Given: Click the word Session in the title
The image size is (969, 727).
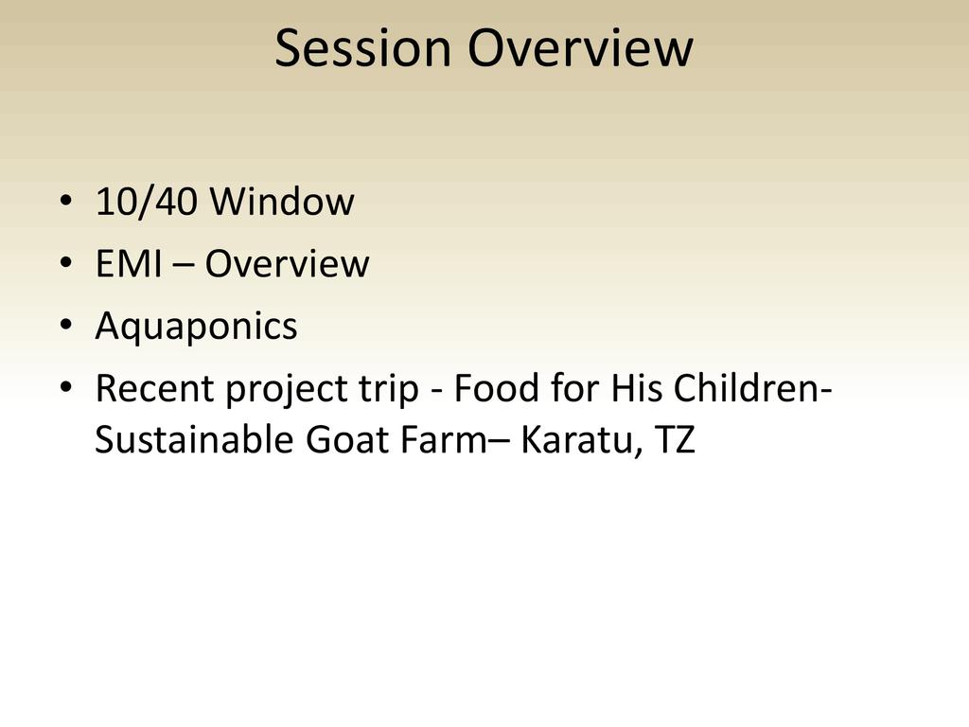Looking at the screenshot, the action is pos(362,48).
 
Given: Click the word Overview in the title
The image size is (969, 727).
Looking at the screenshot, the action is pos(580,48).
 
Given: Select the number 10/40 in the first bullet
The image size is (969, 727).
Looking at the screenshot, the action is pos(147,201).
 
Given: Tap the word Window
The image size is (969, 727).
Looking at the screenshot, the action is pos(282,201).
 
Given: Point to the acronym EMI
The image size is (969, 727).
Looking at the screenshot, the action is pos(129,263).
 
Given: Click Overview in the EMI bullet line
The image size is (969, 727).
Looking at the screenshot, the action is pos(288,263).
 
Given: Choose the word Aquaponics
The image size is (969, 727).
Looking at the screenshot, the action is pos(197,327).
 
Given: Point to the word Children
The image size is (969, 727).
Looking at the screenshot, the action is pos(748,388).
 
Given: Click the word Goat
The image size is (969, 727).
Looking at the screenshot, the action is pos(347,439).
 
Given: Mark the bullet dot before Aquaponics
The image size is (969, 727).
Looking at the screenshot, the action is pos(66,326).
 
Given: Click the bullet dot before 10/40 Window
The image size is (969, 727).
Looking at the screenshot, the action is pos(66,201).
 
